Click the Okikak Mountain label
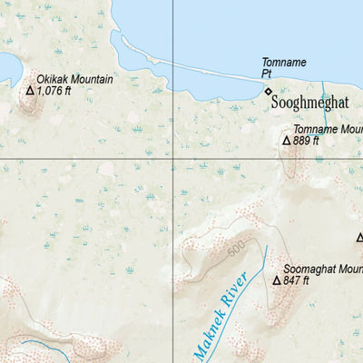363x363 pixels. coord(75,79)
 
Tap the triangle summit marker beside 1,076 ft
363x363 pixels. coord(29,91)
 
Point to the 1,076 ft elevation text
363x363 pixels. coord(54,91)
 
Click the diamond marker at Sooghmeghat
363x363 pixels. coord(268,91)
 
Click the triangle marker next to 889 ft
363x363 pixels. coord(286,141)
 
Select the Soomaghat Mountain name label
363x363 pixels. coord(323,269)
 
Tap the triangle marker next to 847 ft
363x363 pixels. coord(276,281)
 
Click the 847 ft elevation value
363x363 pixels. coord(297,281)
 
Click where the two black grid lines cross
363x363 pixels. coord(173,160)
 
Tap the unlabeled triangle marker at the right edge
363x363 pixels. coord(358,239)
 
